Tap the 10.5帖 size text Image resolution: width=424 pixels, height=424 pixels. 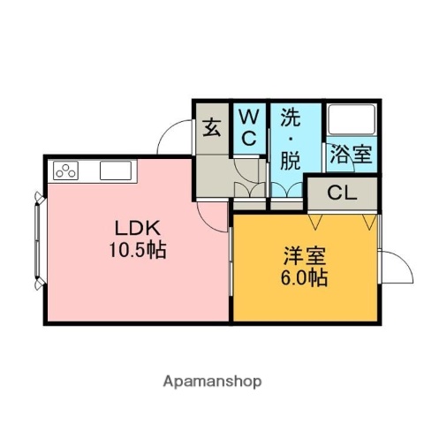click(135, 249)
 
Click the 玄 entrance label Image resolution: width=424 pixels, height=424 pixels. click(213, 127)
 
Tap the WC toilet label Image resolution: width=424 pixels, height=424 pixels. click(249, 127)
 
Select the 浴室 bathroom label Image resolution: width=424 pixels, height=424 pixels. click(350, 155)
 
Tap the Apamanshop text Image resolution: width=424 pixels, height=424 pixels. click(212, 382)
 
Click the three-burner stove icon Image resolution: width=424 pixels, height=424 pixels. click(67, 169)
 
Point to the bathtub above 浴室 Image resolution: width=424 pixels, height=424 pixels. click(351, 121)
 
